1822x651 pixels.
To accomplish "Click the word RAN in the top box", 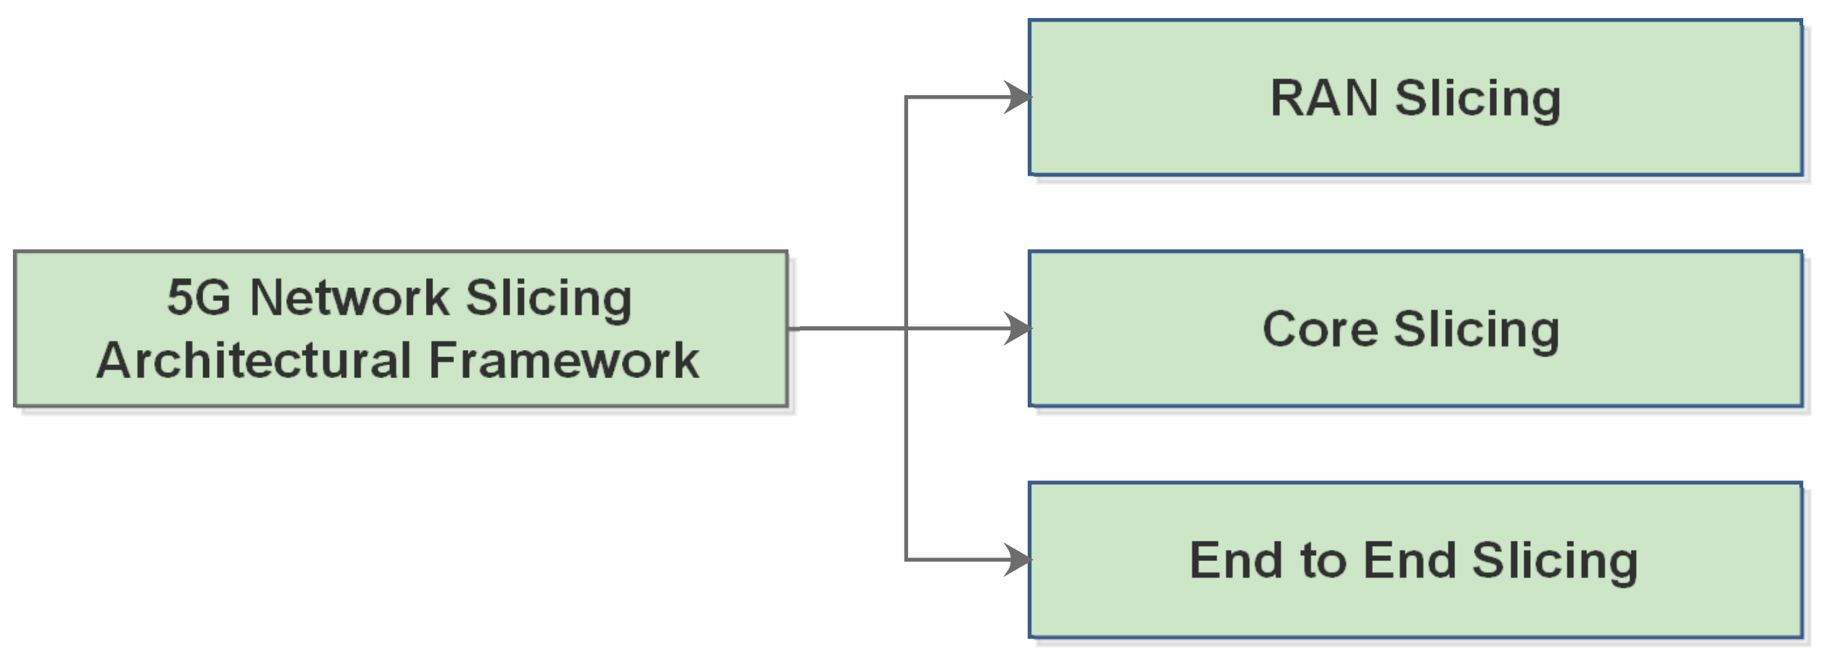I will [1323, 99].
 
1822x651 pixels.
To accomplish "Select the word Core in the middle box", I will [1319, 330].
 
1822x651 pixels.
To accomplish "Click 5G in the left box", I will [198, 297].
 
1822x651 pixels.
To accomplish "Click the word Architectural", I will [254, 360].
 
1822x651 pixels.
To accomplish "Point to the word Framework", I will [564, 360].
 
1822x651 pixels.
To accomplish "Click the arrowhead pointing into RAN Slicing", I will [1019, 97].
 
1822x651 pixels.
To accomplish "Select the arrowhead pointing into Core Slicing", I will [1019, 328].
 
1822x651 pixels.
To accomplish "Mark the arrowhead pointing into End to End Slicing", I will [1019, 560].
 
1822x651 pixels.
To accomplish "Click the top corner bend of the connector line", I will [906, 97].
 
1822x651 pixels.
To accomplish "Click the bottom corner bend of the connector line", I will [906, 560].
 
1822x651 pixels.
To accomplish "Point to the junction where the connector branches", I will [906, 328].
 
